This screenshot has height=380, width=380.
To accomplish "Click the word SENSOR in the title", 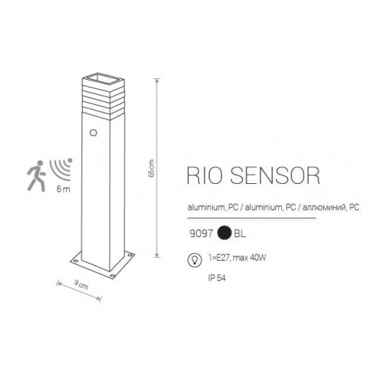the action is pyautogui.click(x=275, y=176).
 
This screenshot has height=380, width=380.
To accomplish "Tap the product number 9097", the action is pyautogui.click(x=201, y=233).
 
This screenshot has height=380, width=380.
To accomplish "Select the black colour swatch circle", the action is pyautogui.click(x=225, y=233).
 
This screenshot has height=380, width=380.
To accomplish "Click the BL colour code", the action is pyautogui.click(x=240, y=233).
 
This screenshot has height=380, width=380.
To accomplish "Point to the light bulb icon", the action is pyautogui.click(x=195, y=260).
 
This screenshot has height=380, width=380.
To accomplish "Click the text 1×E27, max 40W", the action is pyautogui.click(x=237, y=258).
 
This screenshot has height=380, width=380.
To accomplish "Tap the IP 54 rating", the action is pyautogui.click(x=217, y=278).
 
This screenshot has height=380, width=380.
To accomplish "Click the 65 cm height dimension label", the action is pyautogui.click(x=151, y=168).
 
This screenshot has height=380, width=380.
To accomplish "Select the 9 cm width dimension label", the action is pyautogui.click(x=81, y=285).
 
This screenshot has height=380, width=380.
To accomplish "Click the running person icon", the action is pyautogui.click(x=36, y=176).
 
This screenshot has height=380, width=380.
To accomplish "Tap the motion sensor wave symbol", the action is pyautogui.click(x=62, y=169).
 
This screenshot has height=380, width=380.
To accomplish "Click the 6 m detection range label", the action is pyautogui.click(x=63, y=189).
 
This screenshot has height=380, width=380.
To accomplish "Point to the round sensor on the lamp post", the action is pyautogui.click(x=93, y=132).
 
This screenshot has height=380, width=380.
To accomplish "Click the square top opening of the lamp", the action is pyautogui.click(x=103, y=78).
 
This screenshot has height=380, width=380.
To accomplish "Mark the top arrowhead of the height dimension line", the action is pyautogui.click(x=157, y=81).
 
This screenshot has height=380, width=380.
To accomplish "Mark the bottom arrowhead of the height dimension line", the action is pyautogui.click(x=157, y=255).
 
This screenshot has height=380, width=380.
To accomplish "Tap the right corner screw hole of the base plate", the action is pyautogui.click(x=131, y=254).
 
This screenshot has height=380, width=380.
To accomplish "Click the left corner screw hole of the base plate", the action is pyautogui.click(x=76, y=260).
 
